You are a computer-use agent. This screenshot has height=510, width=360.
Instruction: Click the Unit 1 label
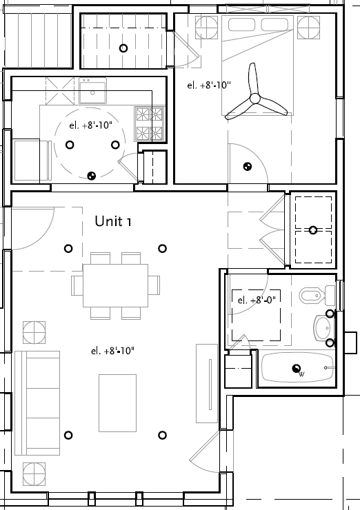click(x=112, y=221)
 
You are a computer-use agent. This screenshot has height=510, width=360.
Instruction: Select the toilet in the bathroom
click(x=313, y=295)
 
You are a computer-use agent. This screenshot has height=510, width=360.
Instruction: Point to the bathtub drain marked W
click(x=297, y=369)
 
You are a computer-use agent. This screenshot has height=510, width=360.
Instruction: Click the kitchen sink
click(x=93, y=90)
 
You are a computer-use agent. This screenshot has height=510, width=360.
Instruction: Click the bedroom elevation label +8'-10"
click(x=209, y=86)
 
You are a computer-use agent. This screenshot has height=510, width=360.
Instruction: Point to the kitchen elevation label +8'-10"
click(x=90, y=125)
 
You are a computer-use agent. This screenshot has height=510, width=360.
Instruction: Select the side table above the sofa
click(x=34, y=332)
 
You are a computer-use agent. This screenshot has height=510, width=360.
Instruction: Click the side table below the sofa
click(x=34, y=474)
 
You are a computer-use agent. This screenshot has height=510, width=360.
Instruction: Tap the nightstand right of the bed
click(x=308, y=28)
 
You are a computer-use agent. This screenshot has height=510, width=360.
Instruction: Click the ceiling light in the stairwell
click(x=123, y=48)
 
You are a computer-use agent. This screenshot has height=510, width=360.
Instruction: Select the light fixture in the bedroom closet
click(x=313, y=229)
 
